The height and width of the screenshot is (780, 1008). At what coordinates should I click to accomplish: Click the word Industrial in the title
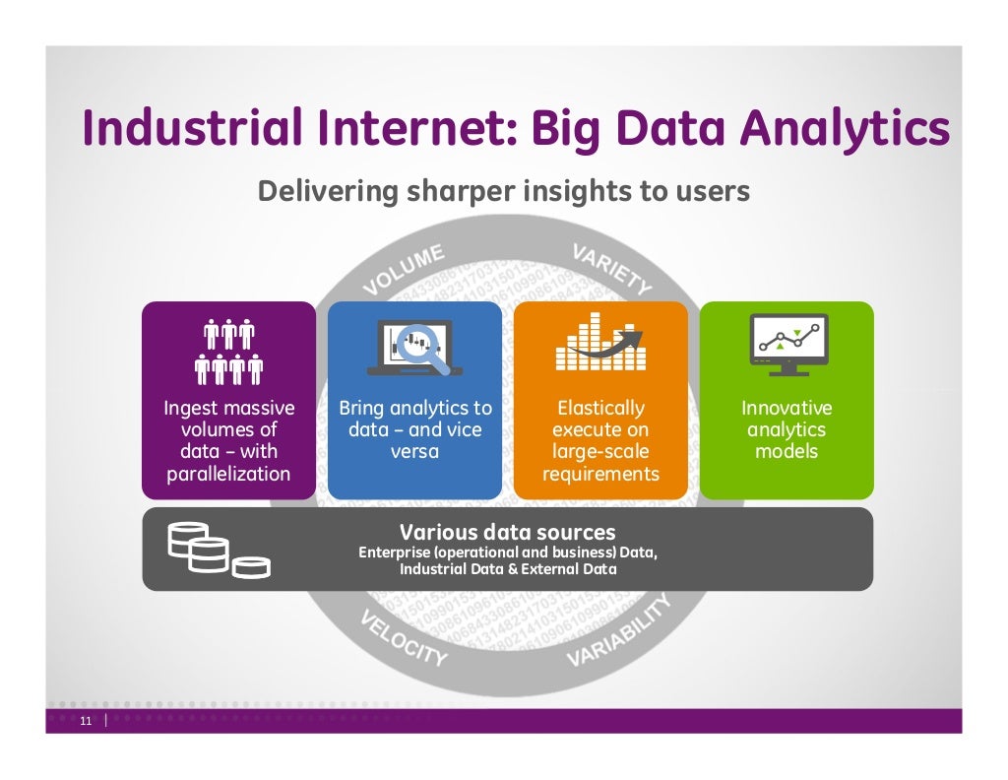(x=187, y=129)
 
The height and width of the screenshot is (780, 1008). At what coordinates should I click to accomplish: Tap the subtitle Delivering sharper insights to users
(x=503, y=191)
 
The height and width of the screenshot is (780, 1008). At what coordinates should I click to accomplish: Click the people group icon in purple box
(x=228, y=351)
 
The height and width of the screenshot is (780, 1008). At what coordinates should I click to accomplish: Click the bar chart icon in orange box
(x=600, y=343)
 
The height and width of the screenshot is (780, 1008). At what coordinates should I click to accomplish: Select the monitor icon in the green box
(x=787, y=344)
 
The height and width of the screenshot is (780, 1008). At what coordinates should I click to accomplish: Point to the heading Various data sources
(x=507, y=533)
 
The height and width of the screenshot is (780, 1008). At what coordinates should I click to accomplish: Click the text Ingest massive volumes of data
(x=228, y=440)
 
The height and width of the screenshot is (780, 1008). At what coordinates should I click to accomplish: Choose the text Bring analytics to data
(x=414, y=429)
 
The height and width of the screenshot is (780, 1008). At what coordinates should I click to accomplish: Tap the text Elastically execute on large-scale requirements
(x=600, y=440)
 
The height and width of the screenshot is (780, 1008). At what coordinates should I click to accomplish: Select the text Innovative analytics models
(x=787, y=429)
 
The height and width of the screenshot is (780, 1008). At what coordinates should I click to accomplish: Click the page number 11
(x=85, y=722)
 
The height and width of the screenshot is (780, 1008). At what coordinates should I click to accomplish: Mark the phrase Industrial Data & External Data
(x=507, y=569)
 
